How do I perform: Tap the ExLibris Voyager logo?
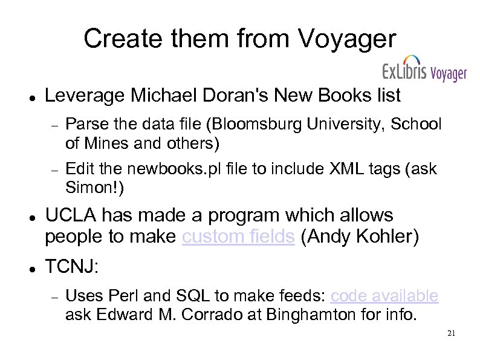pyautogui.click(x=424, y=73)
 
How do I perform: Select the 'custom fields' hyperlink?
pyautogui.click(x=238, y=237)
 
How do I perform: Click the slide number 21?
pyautogui.click(x=451, y=333)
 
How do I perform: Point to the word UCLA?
pyautogui.click(x=73, y=215)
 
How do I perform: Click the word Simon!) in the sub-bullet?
pyautogui.click(x=94, y=188)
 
